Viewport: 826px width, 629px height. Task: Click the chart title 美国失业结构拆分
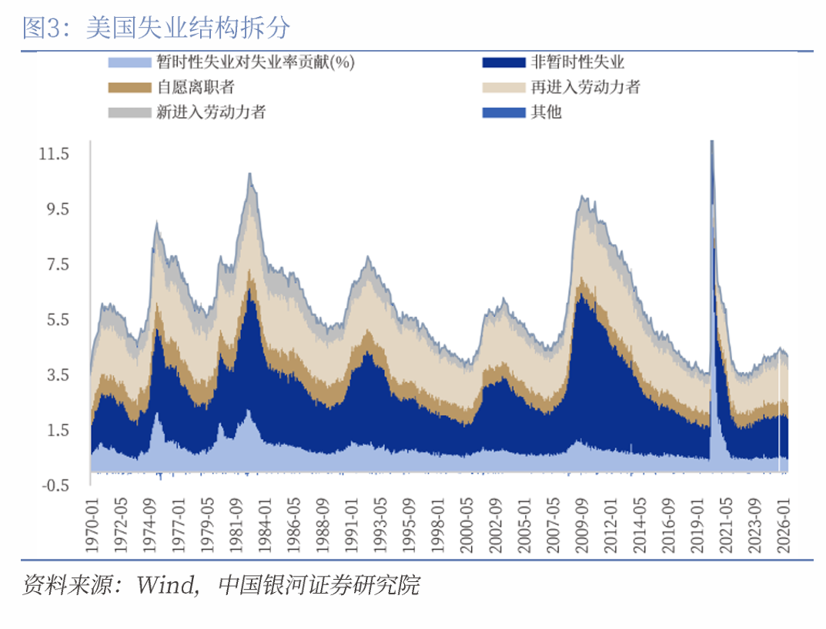point(188,28)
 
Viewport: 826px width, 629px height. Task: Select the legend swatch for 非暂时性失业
point(503,62)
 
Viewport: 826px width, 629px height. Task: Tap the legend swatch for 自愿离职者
point(129,88)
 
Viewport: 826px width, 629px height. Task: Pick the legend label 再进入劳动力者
point(585,87)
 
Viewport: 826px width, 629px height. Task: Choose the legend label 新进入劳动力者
point(211,112)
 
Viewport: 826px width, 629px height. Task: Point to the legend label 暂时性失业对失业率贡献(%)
point(256,62)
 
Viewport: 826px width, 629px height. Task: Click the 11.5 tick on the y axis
point(54,154)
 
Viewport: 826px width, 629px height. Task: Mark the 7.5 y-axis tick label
point(58,264)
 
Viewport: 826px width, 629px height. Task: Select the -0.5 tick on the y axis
point(55,485)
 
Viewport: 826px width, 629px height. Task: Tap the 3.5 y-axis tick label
point(58,375)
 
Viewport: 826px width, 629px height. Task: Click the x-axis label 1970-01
point(92,525)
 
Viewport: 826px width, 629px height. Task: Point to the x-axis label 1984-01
point(265,525)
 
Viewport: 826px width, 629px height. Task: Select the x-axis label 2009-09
point(581,525)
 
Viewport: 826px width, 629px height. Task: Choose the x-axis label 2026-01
point(784,525)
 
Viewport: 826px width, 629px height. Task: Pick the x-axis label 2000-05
point(467,525)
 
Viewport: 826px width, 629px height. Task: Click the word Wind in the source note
point(166,585)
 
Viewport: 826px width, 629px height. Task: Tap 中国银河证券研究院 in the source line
point(319,585)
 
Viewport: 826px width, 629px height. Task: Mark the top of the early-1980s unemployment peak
point(249,173)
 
